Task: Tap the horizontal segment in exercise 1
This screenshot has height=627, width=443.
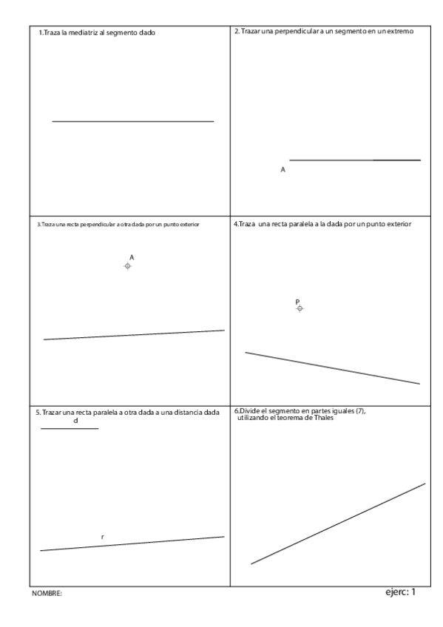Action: coord(133,121)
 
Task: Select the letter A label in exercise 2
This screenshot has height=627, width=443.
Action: coord(283,169)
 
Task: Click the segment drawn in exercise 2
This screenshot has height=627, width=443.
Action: coord(355,160)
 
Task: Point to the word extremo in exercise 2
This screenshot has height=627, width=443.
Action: coord(399,32)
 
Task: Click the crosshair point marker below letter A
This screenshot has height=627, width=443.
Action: coord(128,265)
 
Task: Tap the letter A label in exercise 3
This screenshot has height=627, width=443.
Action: coord(131,257)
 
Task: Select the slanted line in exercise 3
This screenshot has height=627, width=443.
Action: coord(134,335)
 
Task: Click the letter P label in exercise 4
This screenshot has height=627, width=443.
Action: coord(297,302)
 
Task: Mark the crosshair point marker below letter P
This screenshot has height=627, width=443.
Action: coord(300,308)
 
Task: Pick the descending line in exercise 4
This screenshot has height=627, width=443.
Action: coord(333,368)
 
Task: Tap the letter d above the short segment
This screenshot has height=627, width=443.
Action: coord(75,421)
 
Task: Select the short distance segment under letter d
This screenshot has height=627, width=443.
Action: coord(69,429)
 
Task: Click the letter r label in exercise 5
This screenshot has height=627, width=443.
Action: coord(102,536)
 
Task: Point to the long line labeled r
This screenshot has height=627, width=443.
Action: coord(133,543)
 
